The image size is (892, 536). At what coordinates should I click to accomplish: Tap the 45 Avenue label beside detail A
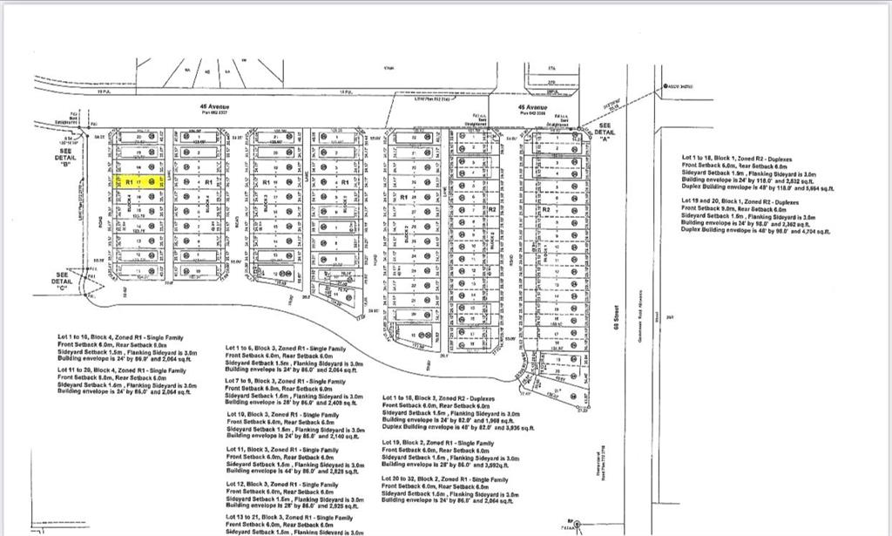[532, 108]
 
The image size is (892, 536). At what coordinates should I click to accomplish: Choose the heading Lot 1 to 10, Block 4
[120, 336]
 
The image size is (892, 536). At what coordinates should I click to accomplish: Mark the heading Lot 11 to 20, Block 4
[121, 370]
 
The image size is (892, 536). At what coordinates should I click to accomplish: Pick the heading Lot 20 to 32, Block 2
[443, 478]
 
